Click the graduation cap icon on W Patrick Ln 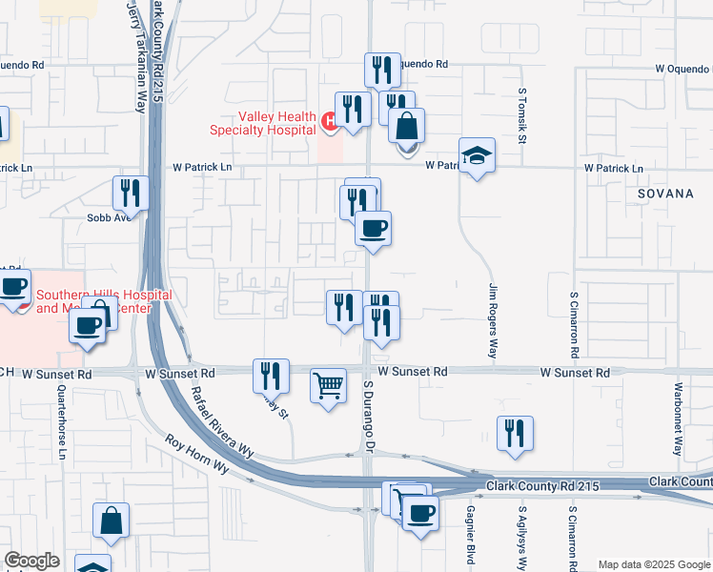click(478, 155)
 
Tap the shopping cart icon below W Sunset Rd click(328, 386)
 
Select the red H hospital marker click(328, 121)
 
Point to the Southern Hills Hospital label click(104, 301)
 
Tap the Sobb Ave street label click(108, 217)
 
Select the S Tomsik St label click(522, 116)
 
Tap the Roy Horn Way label click(197, 456)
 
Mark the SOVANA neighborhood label click(666, 194)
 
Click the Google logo click(31, 561)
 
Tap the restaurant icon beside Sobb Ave click(131, 193)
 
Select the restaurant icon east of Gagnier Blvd click(515, 432)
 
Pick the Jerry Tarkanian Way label click(139, 57)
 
